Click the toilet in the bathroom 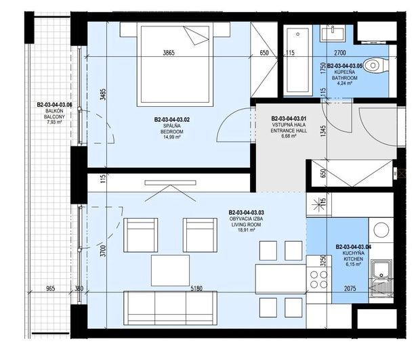pos(375,65)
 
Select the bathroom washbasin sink pos(333,32)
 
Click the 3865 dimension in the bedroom pos(169,53)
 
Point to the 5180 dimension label pos(196,288)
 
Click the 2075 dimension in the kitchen pos(350,288)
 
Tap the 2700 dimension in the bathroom pos(340,53)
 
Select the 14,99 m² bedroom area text pos(172,137)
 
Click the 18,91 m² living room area pos(247,230)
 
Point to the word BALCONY pos(54,116)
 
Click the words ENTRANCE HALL pos(289,131)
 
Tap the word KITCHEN pos(353,258)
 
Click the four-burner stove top pos(319,279)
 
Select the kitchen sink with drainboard pos(381,278)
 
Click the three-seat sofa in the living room pos(170,308)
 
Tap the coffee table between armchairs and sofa pos(170,270)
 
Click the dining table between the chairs pos(280,279)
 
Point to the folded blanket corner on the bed pos(196,36)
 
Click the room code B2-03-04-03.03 pos(247,212)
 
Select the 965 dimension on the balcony pos(50,288)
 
